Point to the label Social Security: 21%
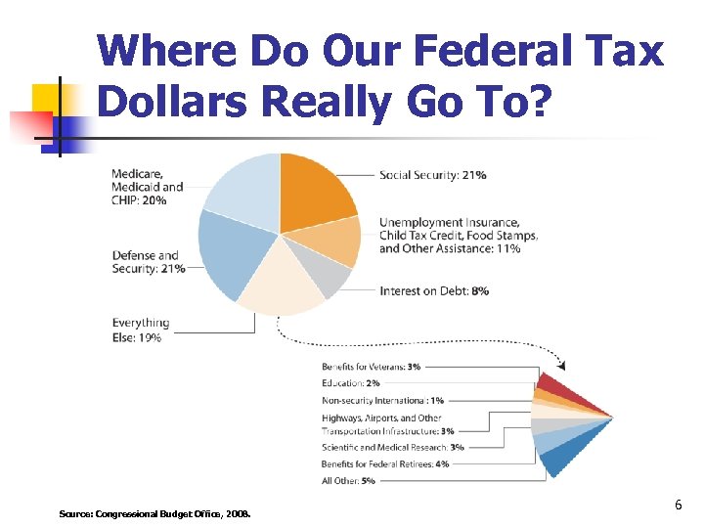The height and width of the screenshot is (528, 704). [433, 175]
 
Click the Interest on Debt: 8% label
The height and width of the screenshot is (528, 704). [435, 290]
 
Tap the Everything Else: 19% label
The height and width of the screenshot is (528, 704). [140, 330]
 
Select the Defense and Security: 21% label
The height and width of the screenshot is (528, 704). [148, 262]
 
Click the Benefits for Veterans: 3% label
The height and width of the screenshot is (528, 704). [372, 367]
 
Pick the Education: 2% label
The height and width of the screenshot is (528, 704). [351, 383]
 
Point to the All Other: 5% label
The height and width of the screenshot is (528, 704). [348, 480]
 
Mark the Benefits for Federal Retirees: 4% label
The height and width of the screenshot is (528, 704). [385, 463]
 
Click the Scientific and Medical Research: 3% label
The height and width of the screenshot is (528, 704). [393, 447]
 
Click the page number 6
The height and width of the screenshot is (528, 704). [677, 505]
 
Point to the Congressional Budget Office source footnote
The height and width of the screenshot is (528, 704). [154, 512]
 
